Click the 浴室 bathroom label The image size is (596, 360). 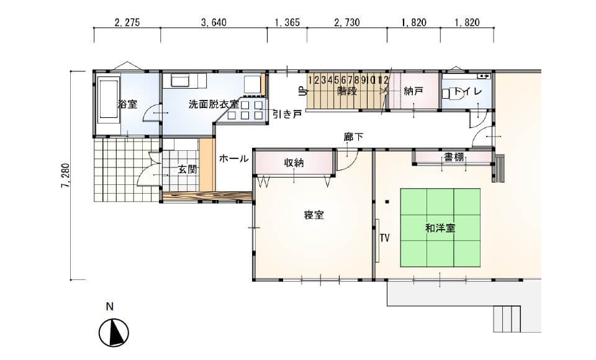click(128, 104)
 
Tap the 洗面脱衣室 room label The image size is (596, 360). click(213, 104)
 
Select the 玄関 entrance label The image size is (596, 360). click(187, 169)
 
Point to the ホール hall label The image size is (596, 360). click(234, 158)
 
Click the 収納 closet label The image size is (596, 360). click(294, 163)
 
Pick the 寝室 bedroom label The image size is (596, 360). click(314, 215)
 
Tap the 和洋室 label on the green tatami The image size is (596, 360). click(440, 228)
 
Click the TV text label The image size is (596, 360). click(385, 238)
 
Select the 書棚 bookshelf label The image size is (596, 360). click(454, 156)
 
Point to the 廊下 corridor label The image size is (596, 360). click(353, 137)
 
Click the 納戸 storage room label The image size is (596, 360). click(413, 91)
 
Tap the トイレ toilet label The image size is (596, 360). click(468, 91)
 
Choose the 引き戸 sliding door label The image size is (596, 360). click(287, 114)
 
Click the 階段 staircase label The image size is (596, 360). click(348, 91)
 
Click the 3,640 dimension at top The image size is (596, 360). click(214, 22)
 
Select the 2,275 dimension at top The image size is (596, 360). click(127, 22)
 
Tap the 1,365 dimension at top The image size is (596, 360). click(287, 22)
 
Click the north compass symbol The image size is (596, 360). click(114, 333)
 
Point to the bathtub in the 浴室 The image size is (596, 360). click(109, 99)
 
